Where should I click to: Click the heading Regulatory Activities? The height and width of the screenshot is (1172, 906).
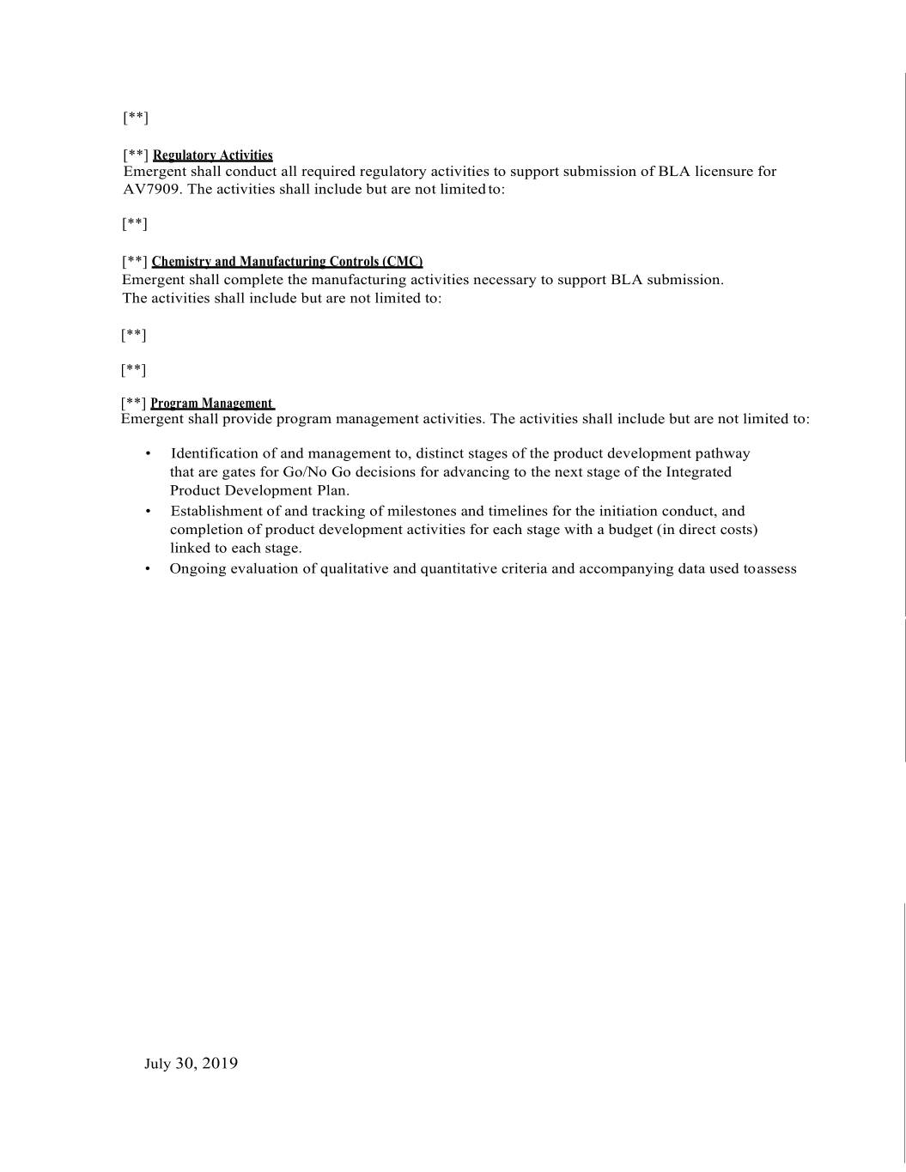coord(212,155)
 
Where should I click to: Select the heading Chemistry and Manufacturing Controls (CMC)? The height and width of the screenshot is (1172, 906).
coord(287,262)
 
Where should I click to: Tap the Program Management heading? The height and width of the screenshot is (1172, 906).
coord(211,404)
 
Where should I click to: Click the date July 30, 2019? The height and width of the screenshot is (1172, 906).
coord(191,1064)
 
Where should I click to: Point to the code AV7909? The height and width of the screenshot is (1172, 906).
coord(151,190)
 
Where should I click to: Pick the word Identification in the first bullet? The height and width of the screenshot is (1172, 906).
coord(214,453)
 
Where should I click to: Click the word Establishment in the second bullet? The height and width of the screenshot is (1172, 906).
coord(215,511)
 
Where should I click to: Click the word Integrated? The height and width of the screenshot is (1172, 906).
coord(698,472)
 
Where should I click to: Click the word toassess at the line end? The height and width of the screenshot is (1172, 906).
coord(770,568)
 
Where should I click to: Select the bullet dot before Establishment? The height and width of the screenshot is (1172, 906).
coord(149,511)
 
